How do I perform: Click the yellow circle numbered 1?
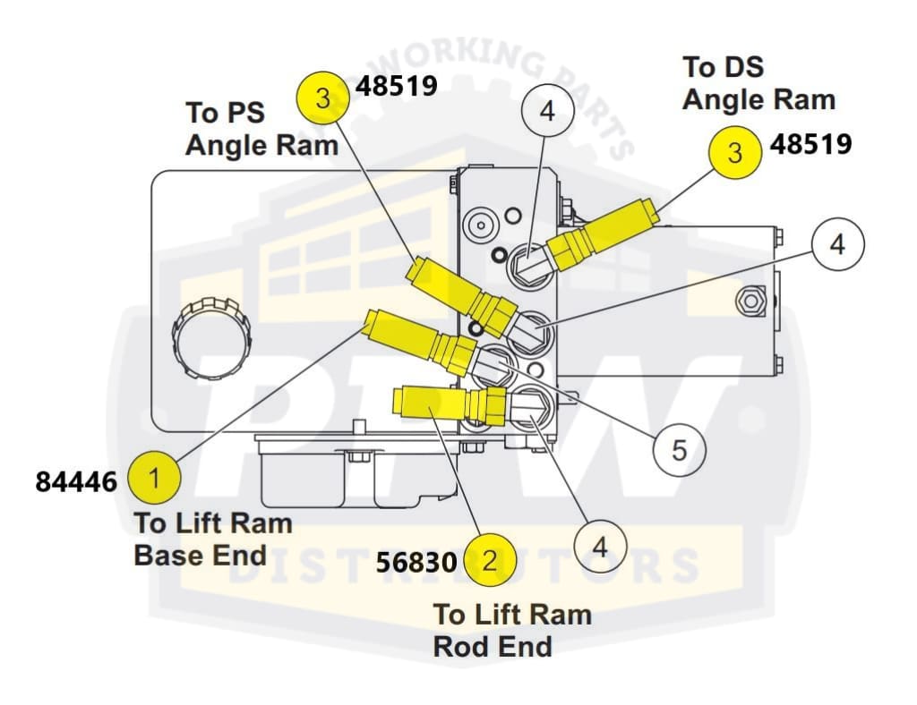point(154,478)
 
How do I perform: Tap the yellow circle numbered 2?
point(489,561)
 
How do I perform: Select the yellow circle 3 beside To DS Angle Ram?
point(735,152)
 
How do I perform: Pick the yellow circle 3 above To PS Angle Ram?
point(324,98)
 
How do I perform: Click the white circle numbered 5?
point(679,450)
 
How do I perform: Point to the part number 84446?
point(76,481)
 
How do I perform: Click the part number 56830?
point(417,562)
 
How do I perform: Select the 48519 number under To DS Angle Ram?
point(811,144)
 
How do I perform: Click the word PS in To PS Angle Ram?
point(253,114)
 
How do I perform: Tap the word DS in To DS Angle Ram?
point(742,68)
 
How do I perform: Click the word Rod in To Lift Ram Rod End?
point(458,646)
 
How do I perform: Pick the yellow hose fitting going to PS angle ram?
point(461,293)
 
